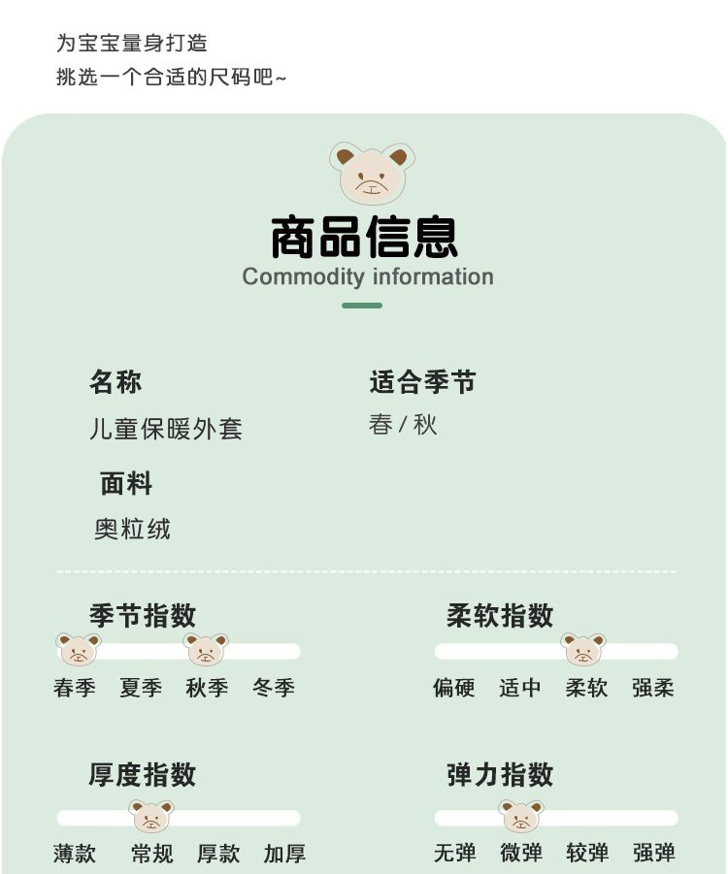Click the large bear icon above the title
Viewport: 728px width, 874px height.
(372, 173)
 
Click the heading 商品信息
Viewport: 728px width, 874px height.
(364, 237)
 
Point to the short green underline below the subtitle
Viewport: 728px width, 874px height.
(362, 306)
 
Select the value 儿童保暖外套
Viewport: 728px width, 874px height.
(166, 429)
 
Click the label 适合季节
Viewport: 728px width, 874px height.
(422, 382)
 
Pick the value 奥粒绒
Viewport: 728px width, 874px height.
(132, 529)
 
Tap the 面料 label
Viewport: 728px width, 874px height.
(126, 483)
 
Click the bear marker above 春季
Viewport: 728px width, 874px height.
(78, 649)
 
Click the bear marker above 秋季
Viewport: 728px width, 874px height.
(206, 649)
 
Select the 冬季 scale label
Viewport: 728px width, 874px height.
(273, 688)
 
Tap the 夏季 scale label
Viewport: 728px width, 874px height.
(141, 688)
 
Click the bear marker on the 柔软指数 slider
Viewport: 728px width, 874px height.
(582, 649)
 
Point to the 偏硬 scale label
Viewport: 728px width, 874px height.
(453, 688)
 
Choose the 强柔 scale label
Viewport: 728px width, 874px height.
(653, 688)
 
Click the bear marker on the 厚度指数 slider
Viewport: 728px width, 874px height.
(151, 816)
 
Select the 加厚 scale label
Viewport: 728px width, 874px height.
(284, 854)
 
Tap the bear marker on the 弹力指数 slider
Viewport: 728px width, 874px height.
(521, 816)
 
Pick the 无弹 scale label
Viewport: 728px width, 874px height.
(454, 854)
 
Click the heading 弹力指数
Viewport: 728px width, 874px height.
(500, 775)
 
